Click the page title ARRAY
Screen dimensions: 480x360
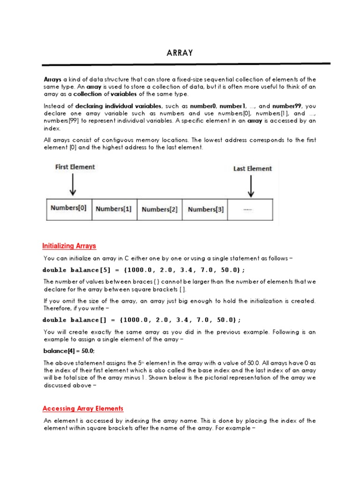180,53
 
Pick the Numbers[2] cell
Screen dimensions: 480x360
159,210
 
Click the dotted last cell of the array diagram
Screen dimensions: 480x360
249,210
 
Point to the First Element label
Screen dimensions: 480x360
75,167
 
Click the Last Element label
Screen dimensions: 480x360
252,168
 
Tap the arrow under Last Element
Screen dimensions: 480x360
251,187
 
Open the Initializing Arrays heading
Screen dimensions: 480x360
69,246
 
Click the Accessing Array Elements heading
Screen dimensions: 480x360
83,409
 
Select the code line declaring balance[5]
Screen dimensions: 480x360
143,270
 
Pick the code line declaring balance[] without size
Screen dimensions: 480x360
142,320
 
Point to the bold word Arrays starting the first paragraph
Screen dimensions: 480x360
52,79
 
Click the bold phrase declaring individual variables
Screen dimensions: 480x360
119,106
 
